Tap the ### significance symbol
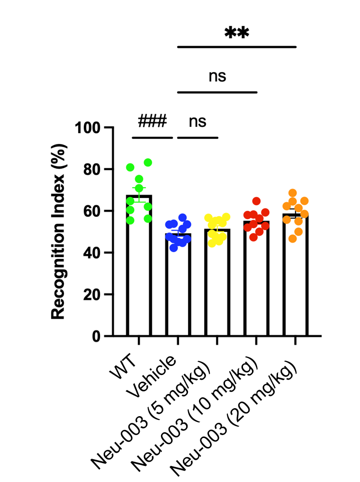click(x=152, y=122)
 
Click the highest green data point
click(x=148, y=162)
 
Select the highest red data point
click(x=256, y=201)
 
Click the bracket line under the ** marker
click(x=236, y=47)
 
